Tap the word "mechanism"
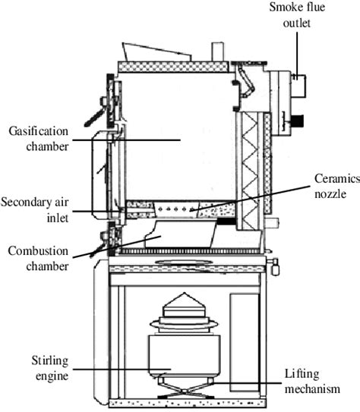[x=321, y=389]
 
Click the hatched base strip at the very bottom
[x=186, y=402]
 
